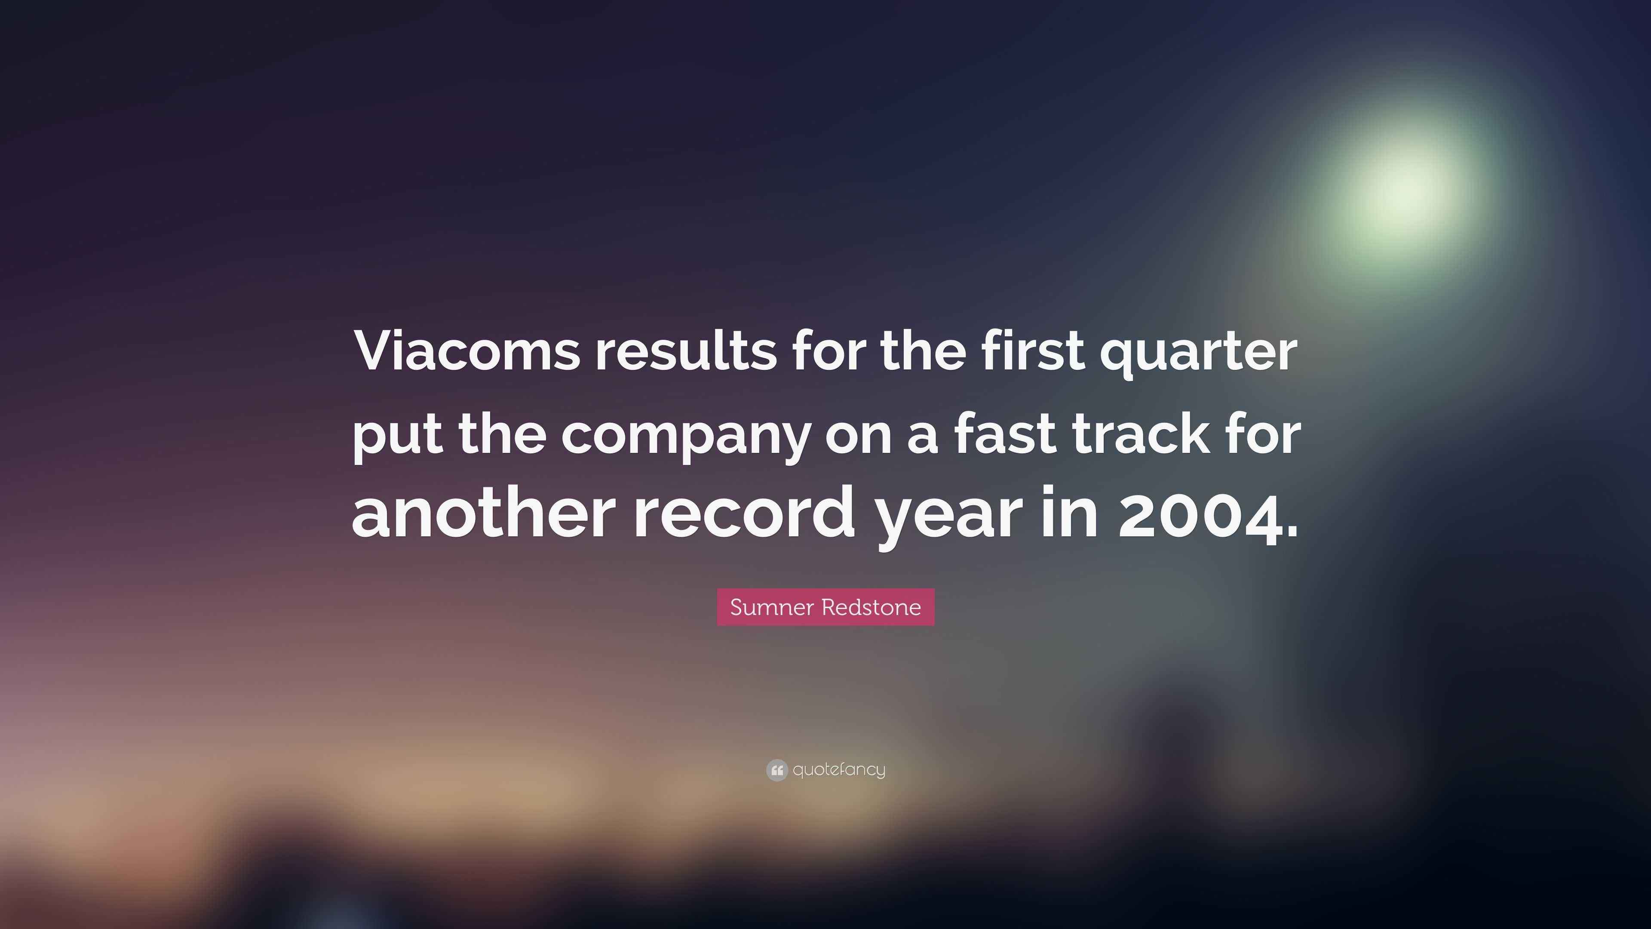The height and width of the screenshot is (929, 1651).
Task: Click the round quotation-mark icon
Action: pyautogui.click(x=777, y=770)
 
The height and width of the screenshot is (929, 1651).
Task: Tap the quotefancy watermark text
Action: pyautogui.click(x=839, y=769)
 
